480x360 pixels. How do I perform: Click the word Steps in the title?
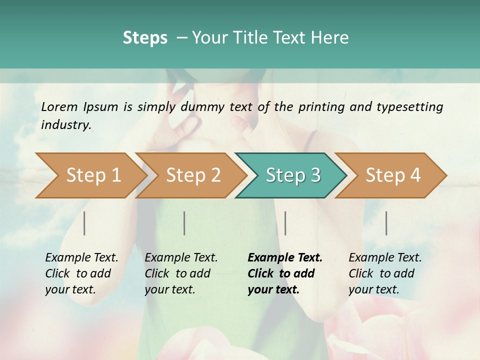tap(145, 38)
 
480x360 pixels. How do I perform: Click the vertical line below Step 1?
tap(84, 223)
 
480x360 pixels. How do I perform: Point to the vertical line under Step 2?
tap(184, 223)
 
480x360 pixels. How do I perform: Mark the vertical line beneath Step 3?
tap(285, 223)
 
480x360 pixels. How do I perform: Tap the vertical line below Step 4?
tap(386, 223)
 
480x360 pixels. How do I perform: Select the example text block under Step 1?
tap(81, 273)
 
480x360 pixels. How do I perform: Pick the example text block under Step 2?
tap(181, 273)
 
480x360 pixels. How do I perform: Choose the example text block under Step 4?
tap(385, 273)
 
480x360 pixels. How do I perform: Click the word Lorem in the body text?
tap(59, 107)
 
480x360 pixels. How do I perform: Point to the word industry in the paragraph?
tap(65, 125)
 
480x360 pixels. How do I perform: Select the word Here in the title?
tap(333, 38)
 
